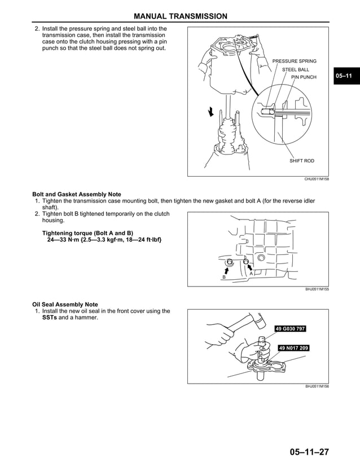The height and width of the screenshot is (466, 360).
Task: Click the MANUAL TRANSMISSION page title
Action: (181, 16)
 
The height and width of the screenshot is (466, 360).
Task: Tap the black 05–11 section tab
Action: (344, 76)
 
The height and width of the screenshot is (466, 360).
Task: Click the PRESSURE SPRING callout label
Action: (294, 61)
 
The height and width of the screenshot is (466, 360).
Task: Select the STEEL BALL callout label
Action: (295, 69)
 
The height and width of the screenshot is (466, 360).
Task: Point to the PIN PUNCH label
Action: (304, 77)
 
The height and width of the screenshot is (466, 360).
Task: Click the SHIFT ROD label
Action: (301, 161)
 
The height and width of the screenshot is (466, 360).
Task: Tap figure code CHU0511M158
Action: (317, 179)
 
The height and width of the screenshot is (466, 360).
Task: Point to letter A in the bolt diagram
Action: (251, 274)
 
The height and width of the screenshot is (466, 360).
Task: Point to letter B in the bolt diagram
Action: (224, 278)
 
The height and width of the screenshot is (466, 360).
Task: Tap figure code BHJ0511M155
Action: (317, 289)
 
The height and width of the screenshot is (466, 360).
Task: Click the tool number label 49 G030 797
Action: (290, 329)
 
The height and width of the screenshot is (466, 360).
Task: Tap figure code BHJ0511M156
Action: (317, 386)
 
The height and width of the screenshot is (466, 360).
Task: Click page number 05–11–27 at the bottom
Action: (309, 452)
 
